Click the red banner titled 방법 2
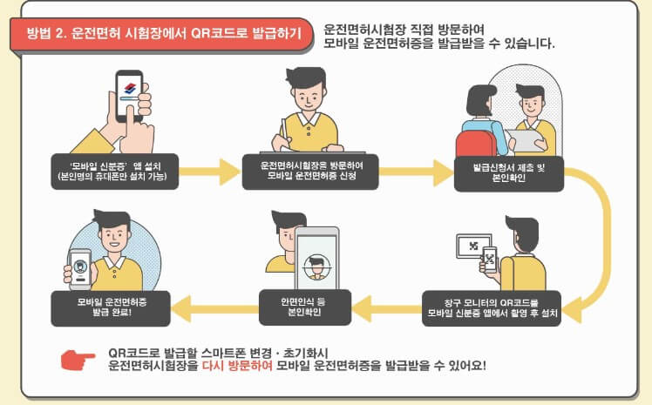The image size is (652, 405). pyautogui.click(x=163, y=36)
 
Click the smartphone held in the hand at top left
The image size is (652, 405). pyautogui.click(x=131, y=95)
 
